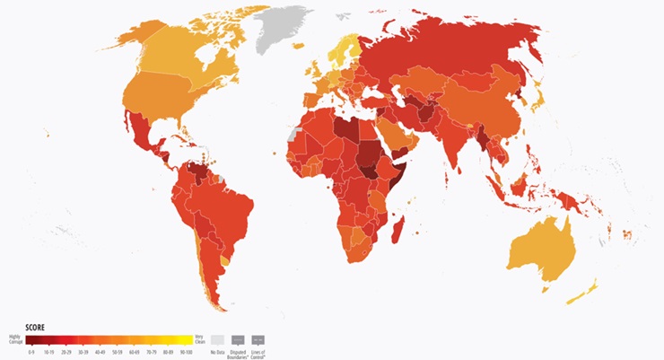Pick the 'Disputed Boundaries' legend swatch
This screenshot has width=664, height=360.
click(239, 339)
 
